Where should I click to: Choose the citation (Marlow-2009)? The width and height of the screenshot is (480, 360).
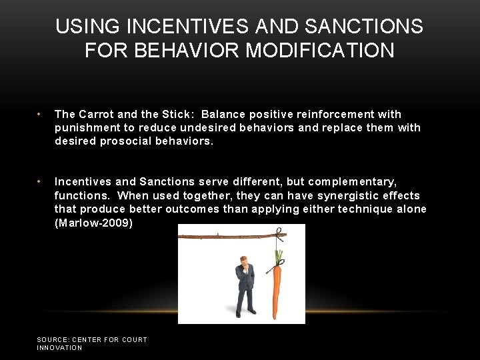[x=93, y=223]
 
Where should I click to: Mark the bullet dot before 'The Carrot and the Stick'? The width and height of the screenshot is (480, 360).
[x=40, y=114]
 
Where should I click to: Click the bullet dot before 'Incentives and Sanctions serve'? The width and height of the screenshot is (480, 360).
[x=40, y=181]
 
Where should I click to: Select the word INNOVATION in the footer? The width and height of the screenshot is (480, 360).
[x=59, y=347]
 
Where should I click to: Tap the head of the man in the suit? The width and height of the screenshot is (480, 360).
[x=245, y=261]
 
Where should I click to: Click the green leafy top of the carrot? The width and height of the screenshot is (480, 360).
[x=278, y=257]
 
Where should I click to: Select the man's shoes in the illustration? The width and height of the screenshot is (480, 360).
[x=245, y=313]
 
